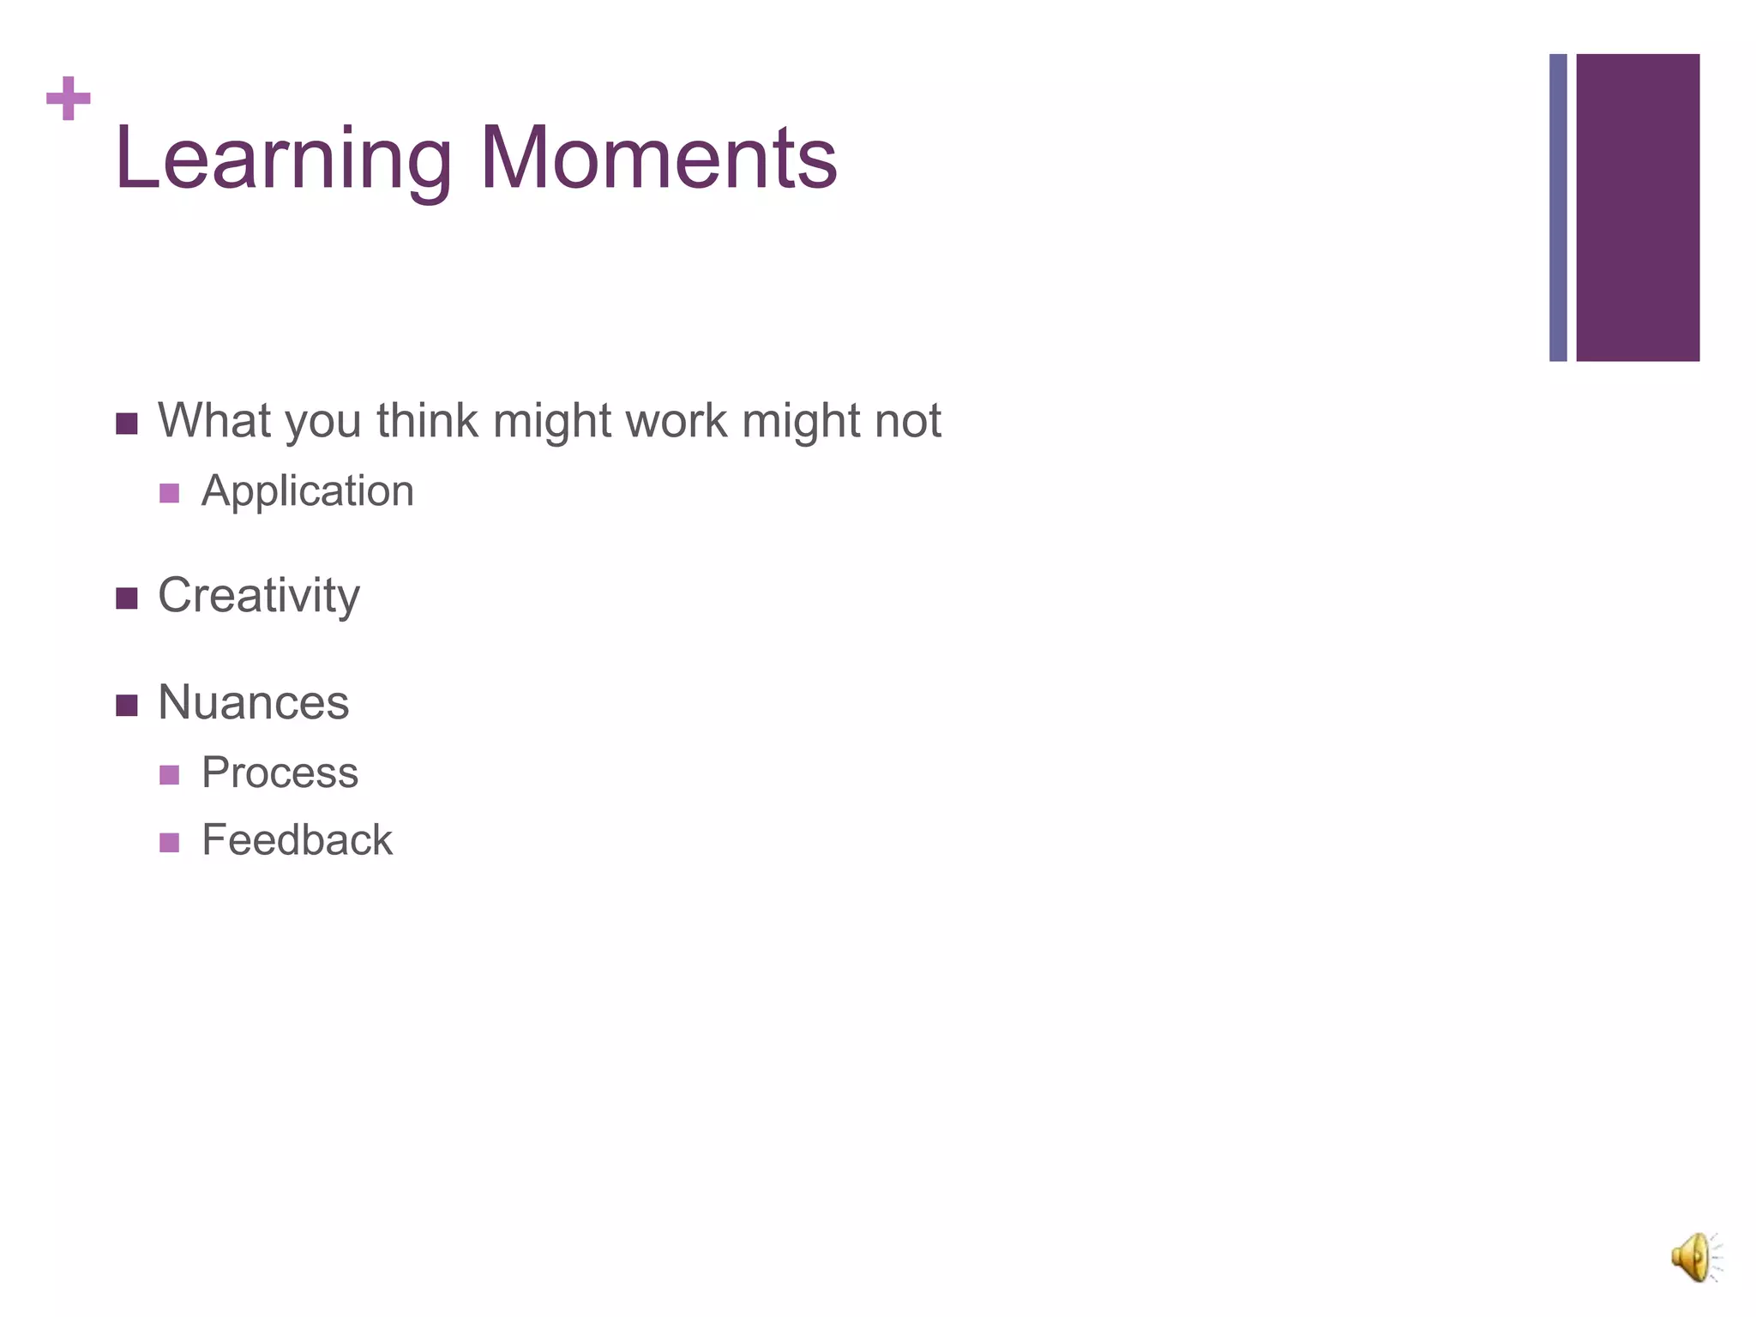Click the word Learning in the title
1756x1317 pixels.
[x=283, y=160]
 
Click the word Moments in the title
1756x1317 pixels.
[x=658, y=159]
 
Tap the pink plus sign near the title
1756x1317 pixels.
[x=69, y=99]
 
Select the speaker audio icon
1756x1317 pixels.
[x=1694, y=1258]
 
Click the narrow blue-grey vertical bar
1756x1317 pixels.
[x=1558, y=207]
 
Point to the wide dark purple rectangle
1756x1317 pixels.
[x=1638, y=207]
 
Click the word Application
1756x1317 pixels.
[x=307, y=492]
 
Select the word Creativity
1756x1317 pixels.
[x=259, y=596]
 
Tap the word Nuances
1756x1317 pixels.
[x=254, y=702]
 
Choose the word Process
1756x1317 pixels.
[x=280, y=773]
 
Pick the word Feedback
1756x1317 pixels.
[x=297, y=840]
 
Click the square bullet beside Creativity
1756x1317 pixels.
[x=127, y=598]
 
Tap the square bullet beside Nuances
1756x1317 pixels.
[x=127, y=706]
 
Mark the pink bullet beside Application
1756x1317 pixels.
[x=170, y=493]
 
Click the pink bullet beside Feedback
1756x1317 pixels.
[x=170, y=843]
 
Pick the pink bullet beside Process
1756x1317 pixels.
[x=170, y=775]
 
